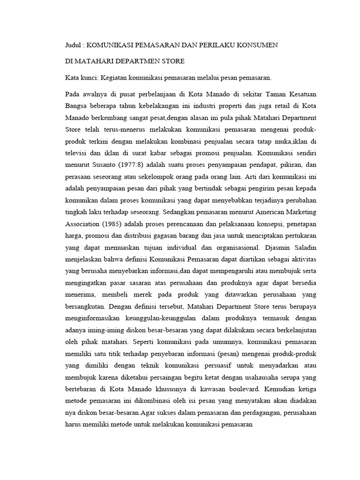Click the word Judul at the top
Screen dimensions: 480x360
[72, 45]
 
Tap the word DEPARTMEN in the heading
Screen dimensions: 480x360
[132, 61]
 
